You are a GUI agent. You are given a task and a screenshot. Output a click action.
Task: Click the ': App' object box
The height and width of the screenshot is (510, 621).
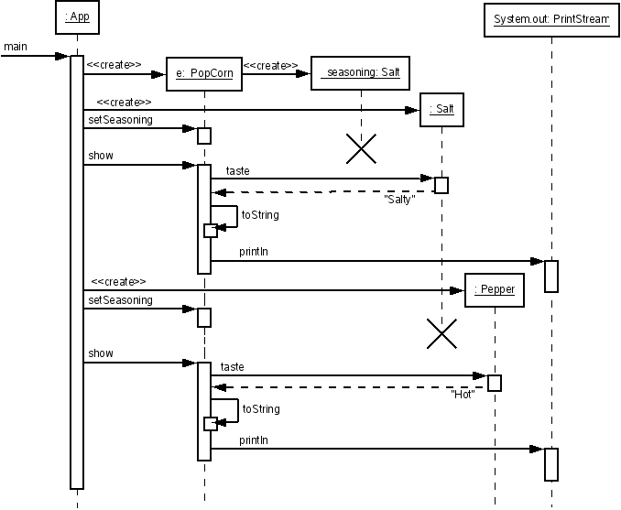tap(78, 16)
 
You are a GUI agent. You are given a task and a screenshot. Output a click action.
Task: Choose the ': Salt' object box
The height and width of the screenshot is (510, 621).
tap(441, 110)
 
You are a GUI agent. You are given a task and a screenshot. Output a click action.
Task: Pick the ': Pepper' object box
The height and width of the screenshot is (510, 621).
tap(495, 290)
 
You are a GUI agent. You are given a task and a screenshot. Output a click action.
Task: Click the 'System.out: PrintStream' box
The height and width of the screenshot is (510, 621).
tap(550, 19)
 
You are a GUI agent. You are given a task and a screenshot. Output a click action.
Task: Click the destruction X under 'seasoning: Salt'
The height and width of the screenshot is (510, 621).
tap(361, 147)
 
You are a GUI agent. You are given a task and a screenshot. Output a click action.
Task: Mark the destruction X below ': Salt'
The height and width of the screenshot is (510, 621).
tap(441, 334)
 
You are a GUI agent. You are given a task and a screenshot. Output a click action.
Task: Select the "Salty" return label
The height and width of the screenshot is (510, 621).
tap(399, 200)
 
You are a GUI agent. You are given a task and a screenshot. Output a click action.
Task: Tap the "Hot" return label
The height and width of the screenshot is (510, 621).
tap(463, 394)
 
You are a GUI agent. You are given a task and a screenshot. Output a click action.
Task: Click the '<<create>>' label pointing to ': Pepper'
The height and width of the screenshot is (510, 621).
tap(119, 281)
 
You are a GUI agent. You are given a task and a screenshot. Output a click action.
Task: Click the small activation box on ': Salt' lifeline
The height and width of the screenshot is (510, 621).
tap(441, 185)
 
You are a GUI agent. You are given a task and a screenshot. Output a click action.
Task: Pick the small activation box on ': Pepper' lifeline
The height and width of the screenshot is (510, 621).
tap(495, 383)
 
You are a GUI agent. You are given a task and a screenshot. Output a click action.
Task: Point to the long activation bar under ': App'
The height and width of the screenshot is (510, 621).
tap(77, 275)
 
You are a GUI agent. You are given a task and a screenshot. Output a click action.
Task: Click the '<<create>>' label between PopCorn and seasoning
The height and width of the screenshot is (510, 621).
tap(270, 65)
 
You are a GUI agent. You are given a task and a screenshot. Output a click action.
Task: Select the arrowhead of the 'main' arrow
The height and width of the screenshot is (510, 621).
tap(64, 57)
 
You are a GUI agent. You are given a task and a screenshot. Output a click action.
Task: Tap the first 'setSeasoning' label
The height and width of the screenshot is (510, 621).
tap(120, 120)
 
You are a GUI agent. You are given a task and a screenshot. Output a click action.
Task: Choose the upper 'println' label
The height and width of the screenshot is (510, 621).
tap(254, 251)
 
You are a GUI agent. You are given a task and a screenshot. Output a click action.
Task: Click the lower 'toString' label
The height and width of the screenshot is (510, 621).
tap(261, 409)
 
